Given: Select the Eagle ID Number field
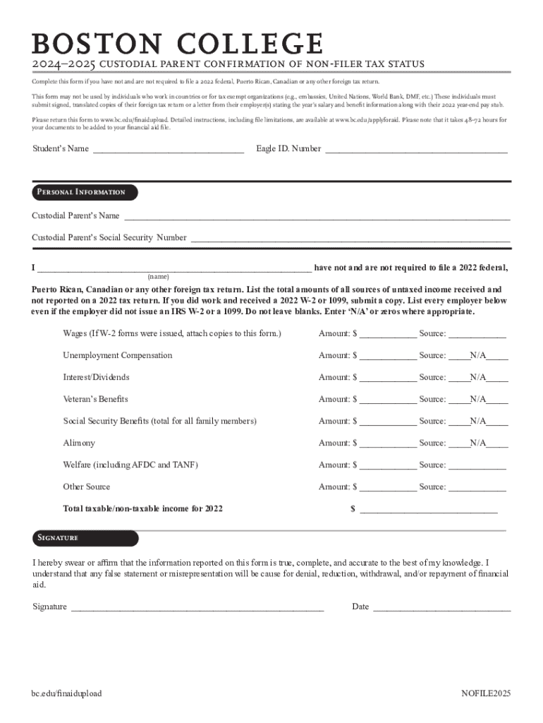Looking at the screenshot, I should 415,149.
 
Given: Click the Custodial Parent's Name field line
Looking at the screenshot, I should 317,216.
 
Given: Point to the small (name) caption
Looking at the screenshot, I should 158,276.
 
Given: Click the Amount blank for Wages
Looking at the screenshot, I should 388,334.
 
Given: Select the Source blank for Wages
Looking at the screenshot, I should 477,334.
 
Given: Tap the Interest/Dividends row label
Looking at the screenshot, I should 96,378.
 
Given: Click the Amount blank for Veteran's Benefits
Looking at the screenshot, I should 388,400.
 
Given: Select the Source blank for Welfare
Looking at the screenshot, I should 477,465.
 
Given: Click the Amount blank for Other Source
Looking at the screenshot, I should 388,487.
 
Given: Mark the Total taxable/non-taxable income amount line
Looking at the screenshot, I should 429,509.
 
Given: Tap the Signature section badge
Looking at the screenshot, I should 85,538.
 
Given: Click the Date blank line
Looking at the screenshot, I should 441,607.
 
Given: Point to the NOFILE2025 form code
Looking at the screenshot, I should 486,693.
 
